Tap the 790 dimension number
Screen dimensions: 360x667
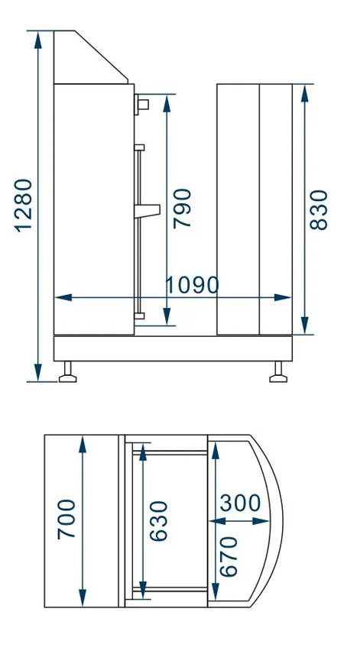tap(182, 209)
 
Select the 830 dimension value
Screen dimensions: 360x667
tap(319, 210)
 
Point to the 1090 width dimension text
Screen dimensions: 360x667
tap(192, 286)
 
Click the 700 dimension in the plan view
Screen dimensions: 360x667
tap(66, 520)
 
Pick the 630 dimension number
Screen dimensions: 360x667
tap(159, 521)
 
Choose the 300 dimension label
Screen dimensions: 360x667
tap(241, 503)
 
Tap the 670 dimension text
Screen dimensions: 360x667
tap(229, 556)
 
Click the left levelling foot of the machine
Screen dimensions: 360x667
tap(68, 372)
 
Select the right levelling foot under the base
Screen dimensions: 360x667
tap(278, 372)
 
